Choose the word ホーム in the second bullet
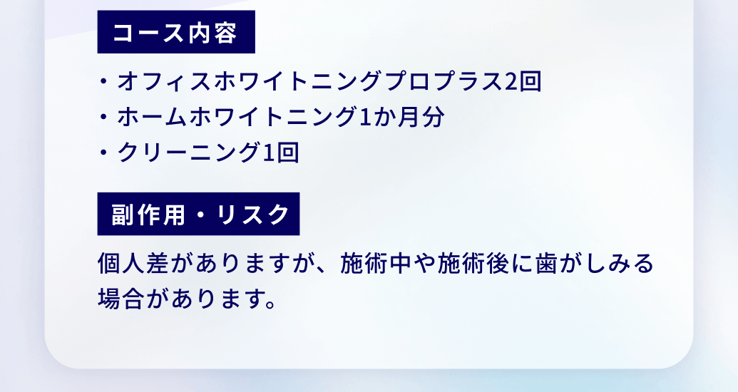[x=153, y=117]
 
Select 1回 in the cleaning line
[x=281, y=152]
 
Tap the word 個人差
[x=133, y=264]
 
